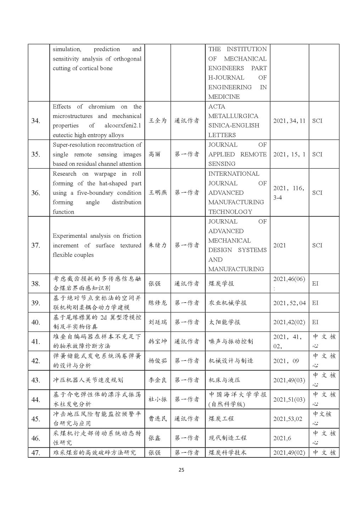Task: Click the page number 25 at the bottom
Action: click(181, 470)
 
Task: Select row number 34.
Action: click(36, 121)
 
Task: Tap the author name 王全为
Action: click(157, 121)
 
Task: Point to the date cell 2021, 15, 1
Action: click(289, 154)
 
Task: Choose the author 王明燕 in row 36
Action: click(157, 193)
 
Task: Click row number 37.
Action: click(36, 245)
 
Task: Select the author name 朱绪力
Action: click(157, 245)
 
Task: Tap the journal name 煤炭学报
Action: click(221, 283)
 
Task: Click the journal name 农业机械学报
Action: click(227, 303)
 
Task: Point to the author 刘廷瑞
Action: click(157, 322)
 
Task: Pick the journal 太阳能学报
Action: click(224, 322)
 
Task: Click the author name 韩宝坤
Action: click(157, 342)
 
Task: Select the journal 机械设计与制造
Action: click(230, 361)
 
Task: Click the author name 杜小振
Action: click(157, 399)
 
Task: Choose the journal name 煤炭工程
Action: click(221, 419)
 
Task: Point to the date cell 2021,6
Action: click(282, 438)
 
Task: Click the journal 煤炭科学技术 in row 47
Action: click(227, 452)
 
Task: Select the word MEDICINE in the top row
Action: click(224, 97)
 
